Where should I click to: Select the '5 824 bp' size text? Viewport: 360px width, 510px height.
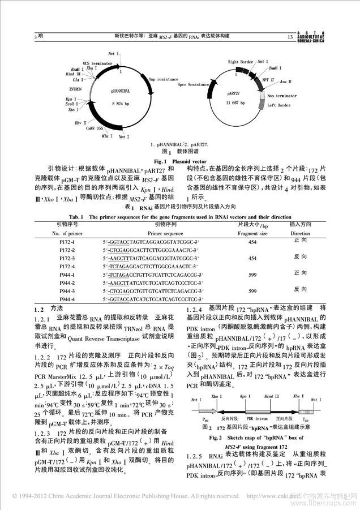point(122,105)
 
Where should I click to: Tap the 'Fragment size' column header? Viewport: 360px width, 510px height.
point(252,233)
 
